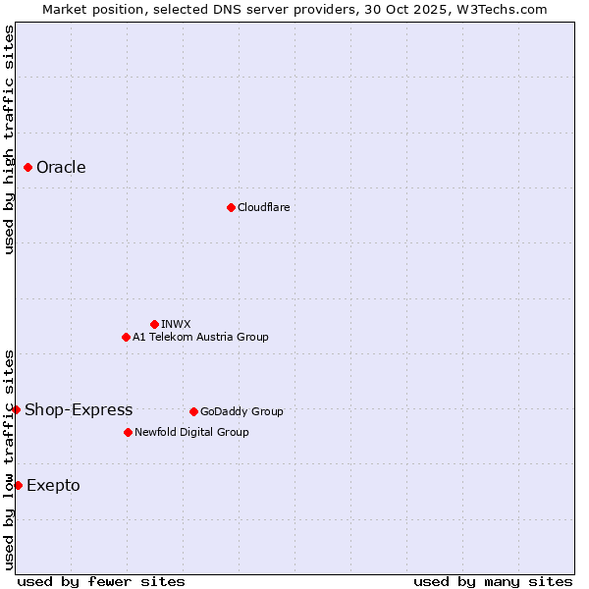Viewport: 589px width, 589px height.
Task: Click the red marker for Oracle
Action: pos(28,167)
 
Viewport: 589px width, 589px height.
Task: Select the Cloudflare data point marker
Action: pos(231,207)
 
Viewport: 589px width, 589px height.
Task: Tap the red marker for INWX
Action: pos(154,324)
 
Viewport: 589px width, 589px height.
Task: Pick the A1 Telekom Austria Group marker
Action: pos(126,337)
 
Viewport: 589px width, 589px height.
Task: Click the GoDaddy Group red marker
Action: pos(193,411)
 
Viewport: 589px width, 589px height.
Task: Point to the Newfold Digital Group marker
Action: pos(128,432)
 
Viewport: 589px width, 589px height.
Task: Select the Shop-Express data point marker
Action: pos(17,409)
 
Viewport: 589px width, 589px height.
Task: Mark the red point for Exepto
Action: pos(18,485)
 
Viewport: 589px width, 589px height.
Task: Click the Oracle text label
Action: pos(61,167)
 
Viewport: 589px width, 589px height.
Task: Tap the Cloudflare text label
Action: pos(263,207)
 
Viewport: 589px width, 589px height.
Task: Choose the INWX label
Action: pos(176,324)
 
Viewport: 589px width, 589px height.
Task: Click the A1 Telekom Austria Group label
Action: pos(200,337)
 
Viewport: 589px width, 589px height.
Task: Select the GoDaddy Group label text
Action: pos(241,411)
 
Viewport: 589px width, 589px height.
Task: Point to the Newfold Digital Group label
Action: pos(191,432)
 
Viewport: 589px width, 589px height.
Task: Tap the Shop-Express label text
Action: pos(79,409)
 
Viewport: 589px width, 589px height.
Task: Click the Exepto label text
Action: pos(53,485)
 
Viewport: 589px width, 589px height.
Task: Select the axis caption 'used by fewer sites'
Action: pos(101,581)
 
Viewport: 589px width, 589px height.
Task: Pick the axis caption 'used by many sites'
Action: pos(493,581)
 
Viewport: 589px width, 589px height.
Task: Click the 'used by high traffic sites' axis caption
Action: pos(9,139)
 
